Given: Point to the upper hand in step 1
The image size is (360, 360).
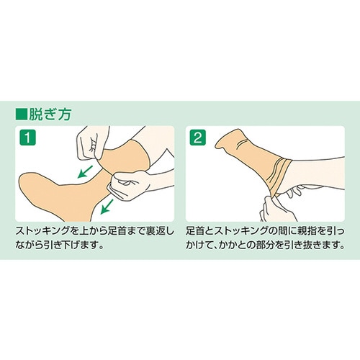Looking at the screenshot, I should point(94,144).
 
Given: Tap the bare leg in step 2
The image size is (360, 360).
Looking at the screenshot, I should point(324,173).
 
